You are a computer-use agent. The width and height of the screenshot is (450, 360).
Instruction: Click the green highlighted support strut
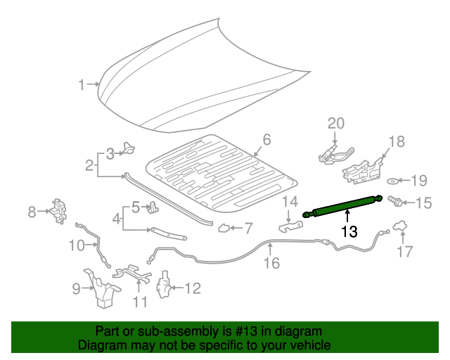point(342,206)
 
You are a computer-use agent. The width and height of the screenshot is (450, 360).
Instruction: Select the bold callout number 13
point(349,231)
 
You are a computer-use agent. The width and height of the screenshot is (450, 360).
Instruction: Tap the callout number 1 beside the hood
point(82,85)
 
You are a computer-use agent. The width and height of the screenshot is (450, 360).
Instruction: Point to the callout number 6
point(266,139)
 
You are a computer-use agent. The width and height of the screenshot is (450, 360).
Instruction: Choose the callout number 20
point(335,124)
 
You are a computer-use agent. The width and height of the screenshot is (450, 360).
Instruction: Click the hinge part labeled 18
point(363,167)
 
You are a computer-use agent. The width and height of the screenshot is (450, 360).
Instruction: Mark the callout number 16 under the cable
point(271,263)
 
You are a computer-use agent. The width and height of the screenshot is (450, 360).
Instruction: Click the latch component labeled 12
point(163,286)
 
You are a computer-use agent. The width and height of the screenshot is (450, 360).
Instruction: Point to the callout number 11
point(140,302)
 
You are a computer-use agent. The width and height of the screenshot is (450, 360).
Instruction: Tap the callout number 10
point(75,245)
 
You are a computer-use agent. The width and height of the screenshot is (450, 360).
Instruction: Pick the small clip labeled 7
point(224,227)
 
